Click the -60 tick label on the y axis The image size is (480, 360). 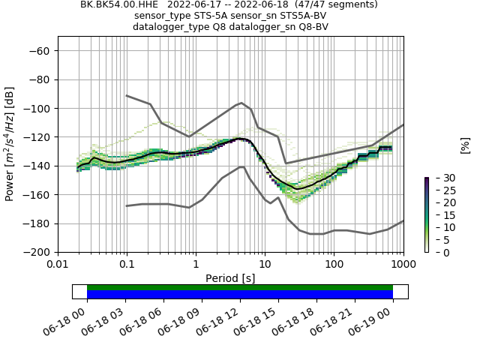coord(38,50)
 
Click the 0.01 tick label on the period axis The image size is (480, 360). coord(58,264)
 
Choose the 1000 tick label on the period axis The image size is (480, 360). coord(403,264)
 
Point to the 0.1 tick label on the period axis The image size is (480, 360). coord(127,264)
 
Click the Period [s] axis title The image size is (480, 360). coord(230,277)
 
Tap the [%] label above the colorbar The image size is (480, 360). coord(465,145)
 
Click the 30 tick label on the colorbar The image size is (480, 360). coord(439,178)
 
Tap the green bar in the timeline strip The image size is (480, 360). coord(240,287)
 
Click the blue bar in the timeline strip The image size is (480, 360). coord(240,295)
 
